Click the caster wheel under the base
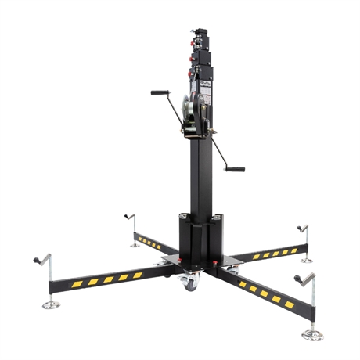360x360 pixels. pyautogui.click(x=189, y=284)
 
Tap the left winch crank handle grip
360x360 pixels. pyautogui.click(x=159, y=92)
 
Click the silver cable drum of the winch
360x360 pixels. pyautogui.click(x=189, y=109)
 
